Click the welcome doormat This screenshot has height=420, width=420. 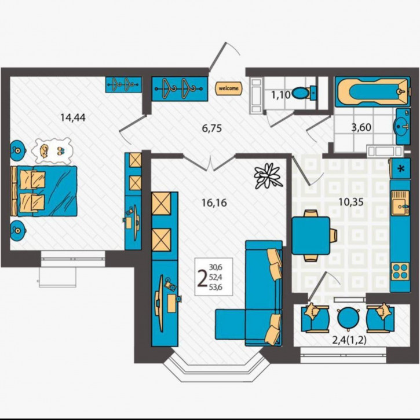point(227,89)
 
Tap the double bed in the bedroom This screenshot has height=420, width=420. point(46,191)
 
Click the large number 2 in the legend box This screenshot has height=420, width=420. point(202,279)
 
